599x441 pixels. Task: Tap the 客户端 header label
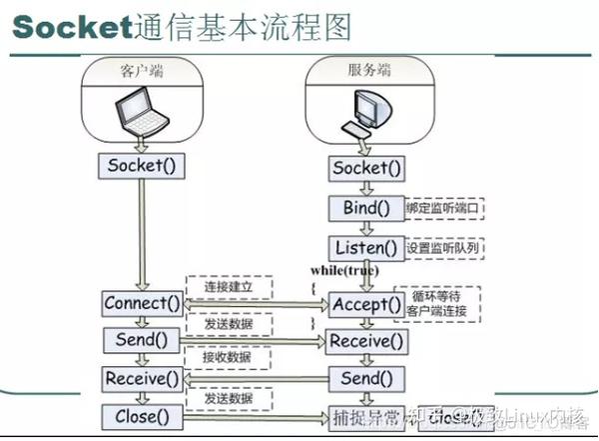tap(141, 71)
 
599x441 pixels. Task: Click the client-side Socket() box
tap(141, 165)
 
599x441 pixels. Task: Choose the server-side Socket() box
tap(366, 168)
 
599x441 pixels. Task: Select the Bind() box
tap(366, 208)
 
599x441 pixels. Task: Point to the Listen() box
tap(366, 247)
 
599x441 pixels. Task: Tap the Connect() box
tap(143, 303)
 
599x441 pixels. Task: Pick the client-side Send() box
tap(141, 341)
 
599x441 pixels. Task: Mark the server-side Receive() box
tap(366, 342)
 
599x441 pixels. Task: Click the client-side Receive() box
tap(143, 379)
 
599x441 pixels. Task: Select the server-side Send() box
tap(366, 379)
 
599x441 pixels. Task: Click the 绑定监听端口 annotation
tap(445, 209)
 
